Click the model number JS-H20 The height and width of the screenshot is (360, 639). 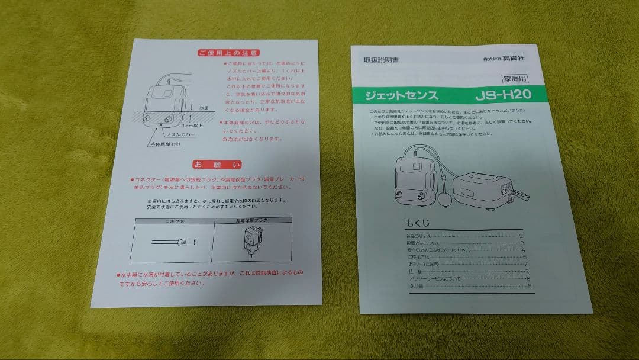tap(502, 94)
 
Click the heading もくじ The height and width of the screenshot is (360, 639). tap(418, 223)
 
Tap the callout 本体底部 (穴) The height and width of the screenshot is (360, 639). tap(164, 144)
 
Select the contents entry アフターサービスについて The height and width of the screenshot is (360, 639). tap(434, 279)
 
